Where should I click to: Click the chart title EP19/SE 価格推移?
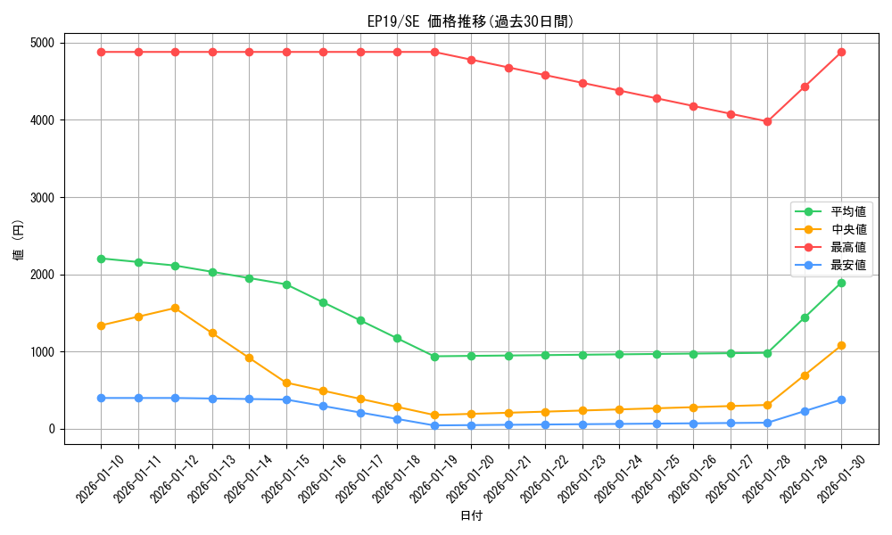pyautogui.click(x=471, y=21)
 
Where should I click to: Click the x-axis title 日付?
pyautogui.click(x=471, y=516)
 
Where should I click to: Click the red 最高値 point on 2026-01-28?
pyautogui.click(x=767, y=121)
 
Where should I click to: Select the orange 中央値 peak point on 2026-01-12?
pyautogui.click(x=175, y=308)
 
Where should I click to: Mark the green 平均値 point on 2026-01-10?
pyautogui.click(x=101, y=259)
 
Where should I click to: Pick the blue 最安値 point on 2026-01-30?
pyautogui.click(x=841, y=399)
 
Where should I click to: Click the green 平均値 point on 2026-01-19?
pyautogui.click(x=434, y=357)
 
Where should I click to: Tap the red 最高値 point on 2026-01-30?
pyautogui.click(x=841, y=52)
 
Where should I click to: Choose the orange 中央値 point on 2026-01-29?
pyautogui.click(x=805, y=375)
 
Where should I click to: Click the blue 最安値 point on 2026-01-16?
pyautogui.click(x=323, y=406)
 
